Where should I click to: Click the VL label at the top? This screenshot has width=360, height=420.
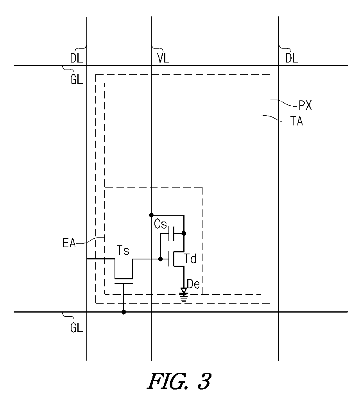pos(163,58)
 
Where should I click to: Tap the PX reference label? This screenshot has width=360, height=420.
pos(305,105)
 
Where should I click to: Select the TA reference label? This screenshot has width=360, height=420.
pos(297,121)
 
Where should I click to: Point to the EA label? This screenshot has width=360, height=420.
pos(69,243)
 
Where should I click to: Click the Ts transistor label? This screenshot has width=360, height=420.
pos(123,250)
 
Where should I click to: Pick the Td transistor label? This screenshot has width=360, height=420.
pos(190,259)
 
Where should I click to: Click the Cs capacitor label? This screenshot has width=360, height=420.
pos(160,224)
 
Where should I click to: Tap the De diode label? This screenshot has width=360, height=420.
pos(193,284)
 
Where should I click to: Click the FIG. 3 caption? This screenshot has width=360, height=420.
pos(179,381)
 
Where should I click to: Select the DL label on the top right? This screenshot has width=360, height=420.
pos(292,58)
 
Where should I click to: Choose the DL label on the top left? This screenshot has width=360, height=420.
pos(77,58)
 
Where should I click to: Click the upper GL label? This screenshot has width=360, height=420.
pos(77,80)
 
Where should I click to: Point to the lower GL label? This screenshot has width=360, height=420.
pos(77,328)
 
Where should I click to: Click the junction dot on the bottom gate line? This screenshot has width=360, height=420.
pos(124,312)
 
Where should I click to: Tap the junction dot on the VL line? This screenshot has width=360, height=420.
pos(151,215)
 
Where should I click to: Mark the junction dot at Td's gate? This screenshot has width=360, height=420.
pos(160,259)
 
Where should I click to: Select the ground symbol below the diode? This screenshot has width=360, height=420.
pos(184,297)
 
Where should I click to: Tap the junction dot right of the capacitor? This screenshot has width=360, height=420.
pos(184,234)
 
